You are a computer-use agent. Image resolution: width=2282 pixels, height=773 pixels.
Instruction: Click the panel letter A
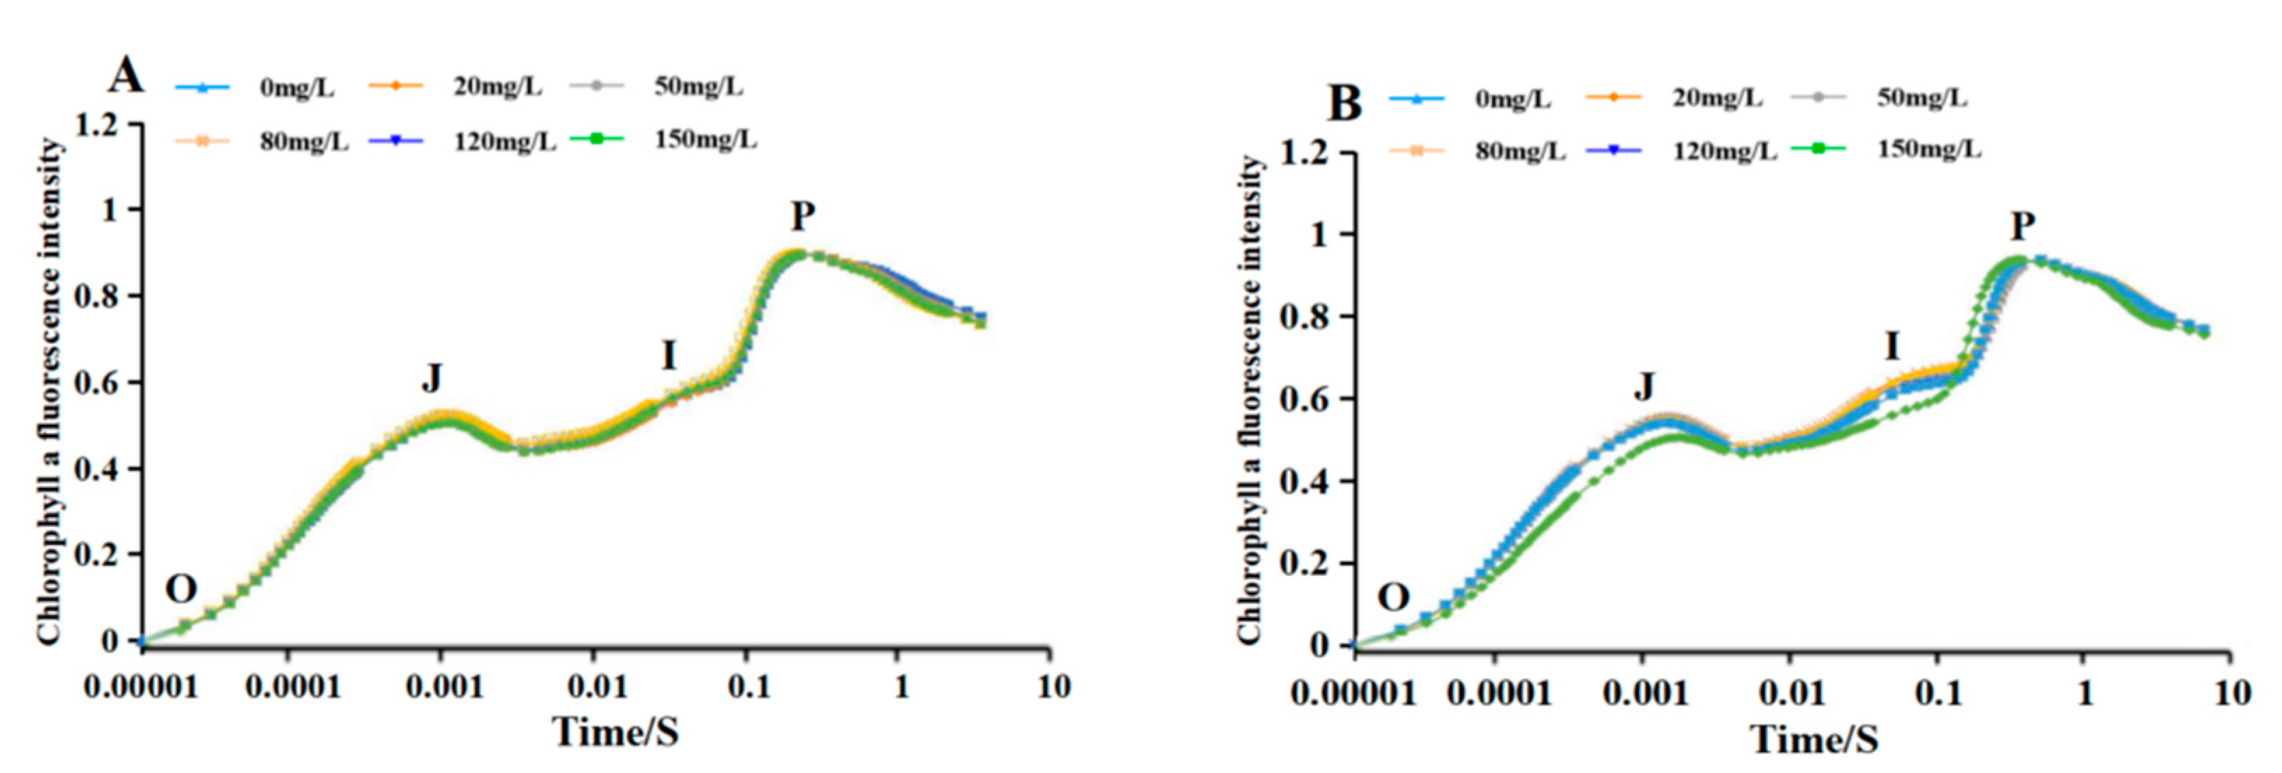coord(125,76)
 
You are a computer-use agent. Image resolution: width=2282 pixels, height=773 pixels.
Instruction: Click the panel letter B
coord(1344,103)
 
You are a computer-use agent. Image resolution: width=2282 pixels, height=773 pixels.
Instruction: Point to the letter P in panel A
coord(802,216)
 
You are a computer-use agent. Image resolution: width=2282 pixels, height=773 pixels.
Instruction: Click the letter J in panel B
coord(1643,386)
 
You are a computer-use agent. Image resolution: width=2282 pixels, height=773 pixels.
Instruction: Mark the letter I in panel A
coord(669,356)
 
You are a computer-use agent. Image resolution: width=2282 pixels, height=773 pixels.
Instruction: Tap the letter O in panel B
coord(1393,598)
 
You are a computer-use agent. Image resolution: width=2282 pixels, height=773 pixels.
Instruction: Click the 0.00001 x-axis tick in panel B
coord(1353,693)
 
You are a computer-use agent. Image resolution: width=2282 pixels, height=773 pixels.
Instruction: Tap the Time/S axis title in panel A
coord(615,731)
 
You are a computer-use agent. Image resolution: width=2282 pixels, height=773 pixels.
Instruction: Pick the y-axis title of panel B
coord(1249,398)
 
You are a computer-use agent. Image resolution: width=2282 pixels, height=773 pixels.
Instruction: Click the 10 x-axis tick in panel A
coord(1054,686)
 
